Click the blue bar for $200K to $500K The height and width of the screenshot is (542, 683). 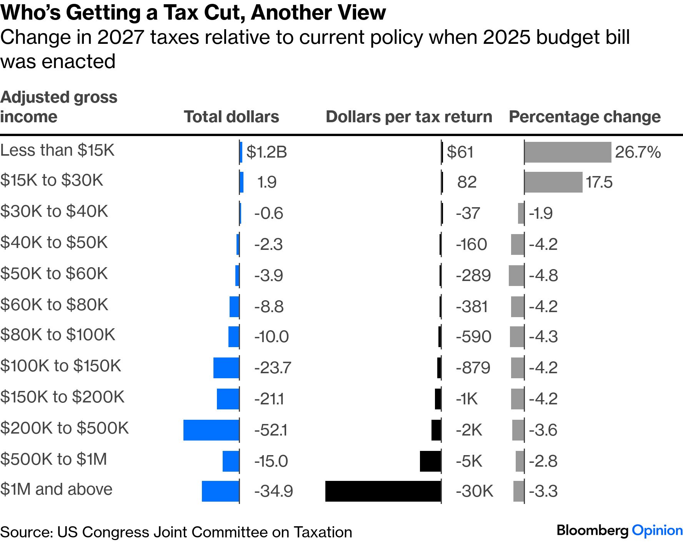click(211, 430)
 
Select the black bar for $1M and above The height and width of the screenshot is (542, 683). click(383, 491)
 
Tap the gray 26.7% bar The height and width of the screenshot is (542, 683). click(568, 152)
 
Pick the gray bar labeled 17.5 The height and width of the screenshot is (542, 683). click(553, 182)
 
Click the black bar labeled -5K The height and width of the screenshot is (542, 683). click(430, 461)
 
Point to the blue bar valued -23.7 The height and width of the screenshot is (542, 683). click(226, 367)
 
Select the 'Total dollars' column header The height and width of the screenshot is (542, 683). click(232, 117)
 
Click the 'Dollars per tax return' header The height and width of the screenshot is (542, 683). click(409, 117)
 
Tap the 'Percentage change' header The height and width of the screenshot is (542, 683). click(585, 117)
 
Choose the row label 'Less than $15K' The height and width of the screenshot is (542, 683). click(57, 150)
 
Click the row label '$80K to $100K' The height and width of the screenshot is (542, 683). click(58, 335)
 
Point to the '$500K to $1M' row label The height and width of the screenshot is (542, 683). click(53, 459)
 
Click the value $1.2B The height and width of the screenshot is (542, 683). click(267, 152)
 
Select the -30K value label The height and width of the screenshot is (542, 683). click(474, 491)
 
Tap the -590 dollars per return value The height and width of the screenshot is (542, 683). click(473, 337)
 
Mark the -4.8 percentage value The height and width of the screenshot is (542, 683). click(543, 276)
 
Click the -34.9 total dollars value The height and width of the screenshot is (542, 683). click(273, 491)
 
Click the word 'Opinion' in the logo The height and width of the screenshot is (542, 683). click(657, 530)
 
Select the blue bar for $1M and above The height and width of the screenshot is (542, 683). click(220, 491)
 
